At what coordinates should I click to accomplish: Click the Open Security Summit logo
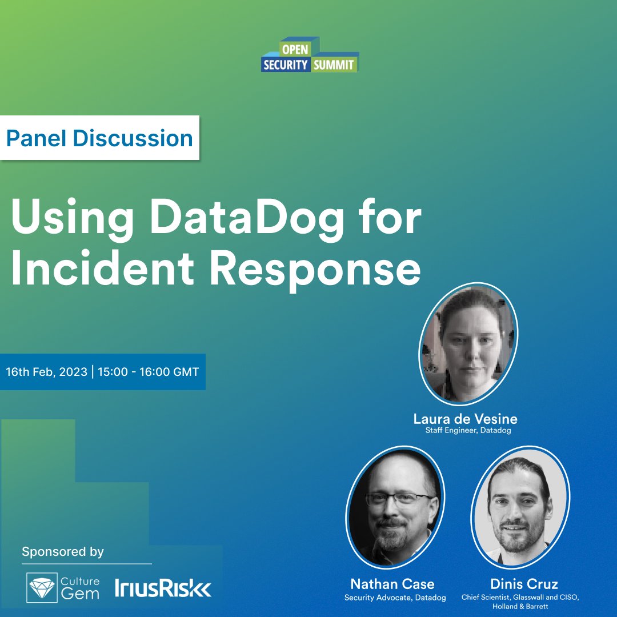coord(310,55)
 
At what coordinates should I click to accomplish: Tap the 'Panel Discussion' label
coord(99,138)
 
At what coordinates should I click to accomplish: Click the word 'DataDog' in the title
coord(247,217)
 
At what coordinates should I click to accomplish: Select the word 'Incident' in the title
coord(103,269)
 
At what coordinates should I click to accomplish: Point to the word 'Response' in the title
coord(315,271)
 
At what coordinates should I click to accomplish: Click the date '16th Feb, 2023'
coord(46,372)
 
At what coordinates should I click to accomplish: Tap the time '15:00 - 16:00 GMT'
coord(149,372)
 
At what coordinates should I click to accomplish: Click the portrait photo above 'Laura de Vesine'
coord(468,344)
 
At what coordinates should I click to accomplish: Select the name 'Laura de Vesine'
coord(465,419)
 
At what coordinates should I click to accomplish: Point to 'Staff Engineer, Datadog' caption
coord(468,431)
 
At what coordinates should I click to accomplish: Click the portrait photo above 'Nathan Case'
coord(395,507)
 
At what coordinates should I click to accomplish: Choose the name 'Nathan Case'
coord(392,584)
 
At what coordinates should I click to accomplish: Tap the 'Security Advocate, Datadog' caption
coord(395,598)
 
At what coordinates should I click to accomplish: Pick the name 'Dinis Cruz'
coord(524,584)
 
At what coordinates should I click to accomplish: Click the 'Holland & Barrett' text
coord(520,606)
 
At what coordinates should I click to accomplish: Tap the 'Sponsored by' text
coord(63,552)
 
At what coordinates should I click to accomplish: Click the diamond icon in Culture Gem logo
coord(42,588)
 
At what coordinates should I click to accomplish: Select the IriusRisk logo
coord(163,588)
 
